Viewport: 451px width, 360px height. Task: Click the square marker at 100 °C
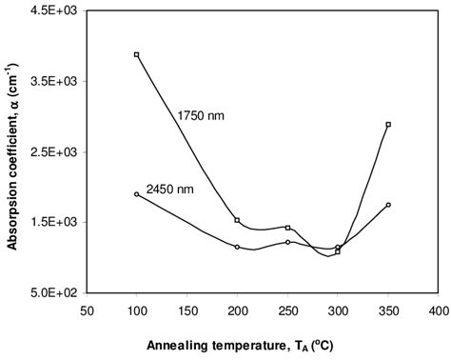[x=137, y=55]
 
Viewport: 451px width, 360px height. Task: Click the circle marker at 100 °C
[x=137, y=194]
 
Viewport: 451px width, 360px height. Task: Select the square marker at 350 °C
[x=388, y=125]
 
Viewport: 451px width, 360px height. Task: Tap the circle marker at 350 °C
[x=388, y=205]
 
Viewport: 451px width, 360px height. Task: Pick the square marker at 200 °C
[x=237, y=220]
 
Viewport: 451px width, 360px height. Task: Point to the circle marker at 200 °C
[x=237, y=247]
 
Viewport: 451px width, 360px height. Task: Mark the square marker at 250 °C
[x=287, y=228]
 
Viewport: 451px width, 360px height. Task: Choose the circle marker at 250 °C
[x=287, y=242]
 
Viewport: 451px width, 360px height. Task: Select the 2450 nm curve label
[x=170, y=189]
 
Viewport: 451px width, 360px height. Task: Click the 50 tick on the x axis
[x=87, y=310]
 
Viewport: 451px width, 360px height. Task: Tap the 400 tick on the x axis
[x=438, y=310]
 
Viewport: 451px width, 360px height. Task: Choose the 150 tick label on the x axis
[x=186, y=310]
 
